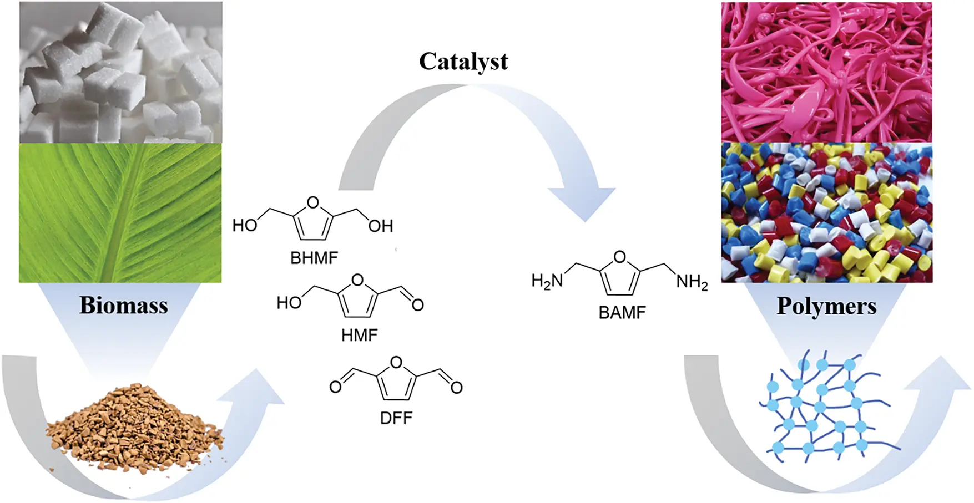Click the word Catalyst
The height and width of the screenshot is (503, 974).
pyautogui.click(x=463, y=62)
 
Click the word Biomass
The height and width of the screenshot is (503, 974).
pyautogui.click(x=123, y=306)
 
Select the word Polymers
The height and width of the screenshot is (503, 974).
pyautogui.click(x=826, y=306)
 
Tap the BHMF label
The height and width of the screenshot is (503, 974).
pyautogui.click(x=314, y=258)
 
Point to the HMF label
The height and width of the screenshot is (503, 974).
pyautogui.click(x=359, y=335)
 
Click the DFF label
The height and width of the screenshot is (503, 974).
pyautogui.click(x=396, y=418)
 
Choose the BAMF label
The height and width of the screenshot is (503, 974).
pyautogui.click(x=622, y=313)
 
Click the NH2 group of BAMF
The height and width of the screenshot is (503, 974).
pyautogui.click(x=692, y=282)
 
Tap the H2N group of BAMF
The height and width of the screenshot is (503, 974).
pyautogui.click(x=547, y=281)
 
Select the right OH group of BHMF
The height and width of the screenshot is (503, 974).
pyautogui.click(x=380, y=226)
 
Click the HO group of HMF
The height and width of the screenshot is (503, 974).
pyautogui.click(x=289, y=303)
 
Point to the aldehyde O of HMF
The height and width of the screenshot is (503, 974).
pyautogui.click(x=417, y=304)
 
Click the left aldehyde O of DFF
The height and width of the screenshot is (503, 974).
pyautogui.click(x=335, y=387)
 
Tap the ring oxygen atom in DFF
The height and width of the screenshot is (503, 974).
pyautogui.click(x=396, y=363)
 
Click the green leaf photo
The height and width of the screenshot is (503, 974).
pyautogui.click(x=120, y=213)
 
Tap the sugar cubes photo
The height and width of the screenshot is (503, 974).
pyautogui.click(x=120, y=72)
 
